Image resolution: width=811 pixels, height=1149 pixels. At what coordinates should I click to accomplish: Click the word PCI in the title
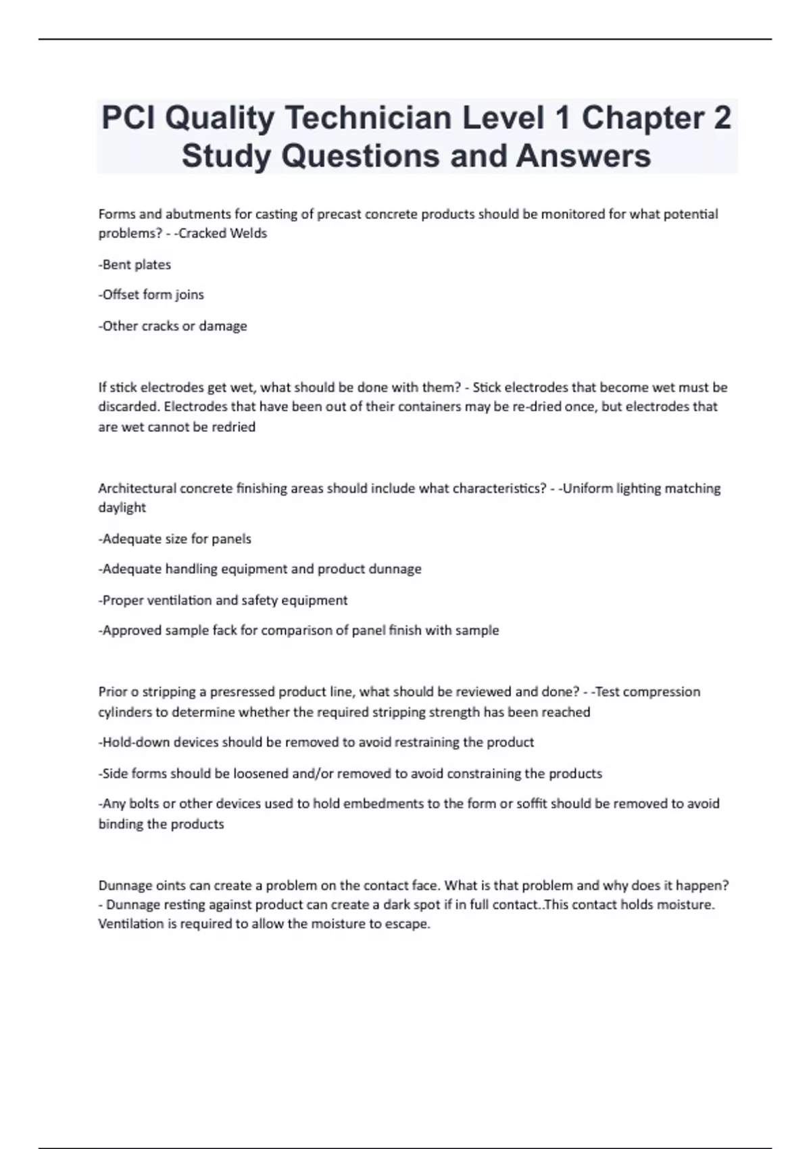[128, 118]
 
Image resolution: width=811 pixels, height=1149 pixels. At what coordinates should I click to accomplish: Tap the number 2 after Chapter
[721, 118]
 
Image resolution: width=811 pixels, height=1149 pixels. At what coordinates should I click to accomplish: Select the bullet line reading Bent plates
[135, 265]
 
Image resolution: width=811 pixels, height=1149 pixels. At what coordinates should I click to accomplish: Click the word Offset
[121, 295]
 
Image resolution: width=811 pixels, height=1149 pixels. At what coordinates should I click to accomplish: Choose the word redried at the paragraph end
[233, 427]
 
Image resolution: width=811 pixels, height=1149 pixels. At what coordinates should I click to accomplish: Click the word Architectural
[138, 489]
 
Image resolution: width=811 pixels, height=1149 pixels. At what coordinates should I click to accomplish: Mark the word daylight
[122, 508]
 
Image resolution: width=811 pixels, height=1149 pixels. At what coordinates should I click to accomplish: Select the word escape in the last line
[408, 924]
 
